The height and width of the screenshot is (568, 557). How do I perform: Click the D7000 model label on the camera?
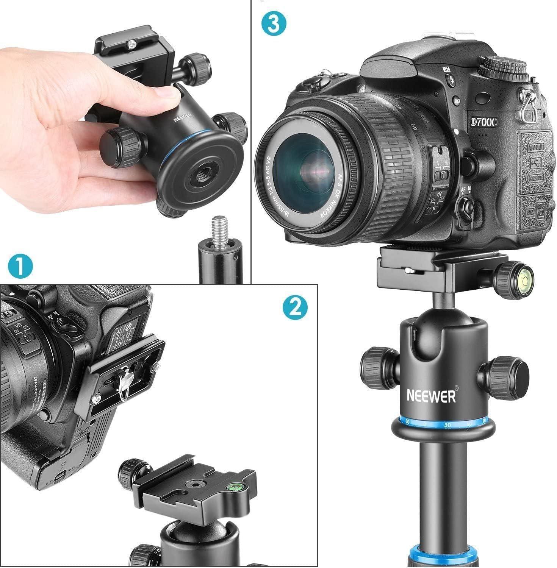483,122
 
